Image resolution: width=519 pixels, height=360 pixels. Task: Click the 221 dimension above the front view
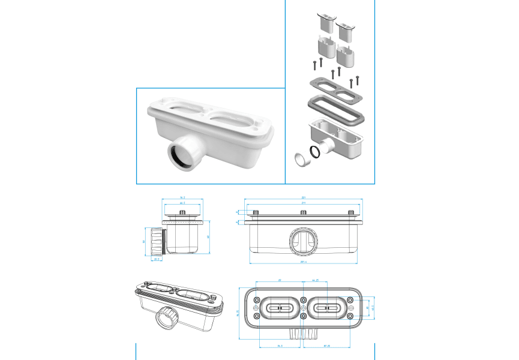[x=304, y=197]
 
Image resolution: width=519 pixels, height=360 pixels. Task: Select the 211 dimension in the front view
[x=304, y=204]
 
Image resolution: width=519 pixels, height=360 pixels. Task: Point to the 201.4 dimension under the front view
[x=304, y=262]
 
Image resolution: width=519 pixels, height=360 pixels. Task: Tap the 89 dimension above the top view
[x=280, y=280]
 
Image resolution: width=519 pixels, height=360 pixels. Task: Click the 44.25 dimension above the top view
[x=315, y=280]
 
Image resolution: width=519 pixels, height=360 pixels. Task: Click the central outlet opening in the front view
[x=304, y=241]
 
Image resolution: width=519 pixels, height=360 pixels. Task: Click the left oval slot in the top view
[x=280, y=308]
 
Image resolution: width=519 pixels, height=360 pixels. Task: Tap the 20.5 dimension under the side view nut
[x=157, y=259]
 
